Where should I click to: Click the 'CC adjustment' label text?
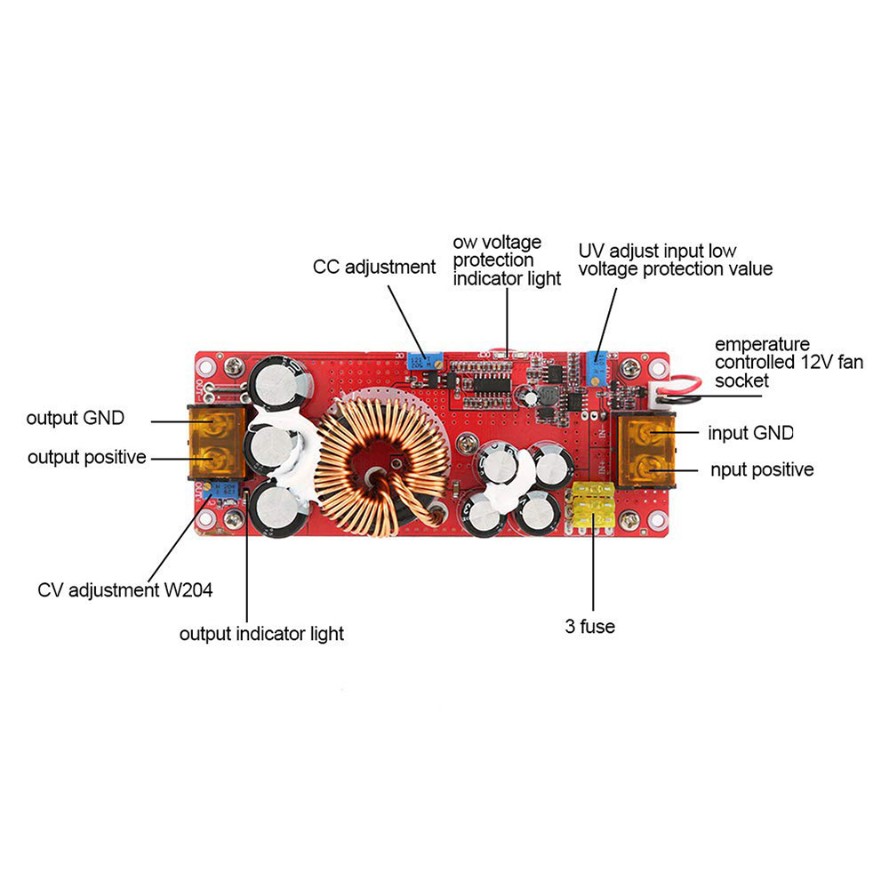tap(374, 267)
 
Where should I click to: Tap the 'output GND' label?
tap(76, 417)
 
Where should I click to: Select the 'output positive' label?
tap(87, 458)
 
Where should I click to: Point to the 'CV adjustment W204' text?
tap(125, 589)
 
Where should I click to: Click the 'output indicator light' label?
tap(261, 634)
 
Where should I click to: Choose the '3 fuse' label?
tap(589, 627)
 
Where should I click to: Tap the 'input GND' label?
tap(750, 433)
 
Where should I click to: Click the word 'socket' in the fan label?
tap(742, 380)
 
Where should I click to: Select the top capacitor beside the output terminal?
tap(282, 385)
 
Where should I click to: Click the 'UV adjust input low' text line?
tap(657, 251)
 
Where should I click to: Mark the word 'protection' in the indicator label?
tap(493, 260)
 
